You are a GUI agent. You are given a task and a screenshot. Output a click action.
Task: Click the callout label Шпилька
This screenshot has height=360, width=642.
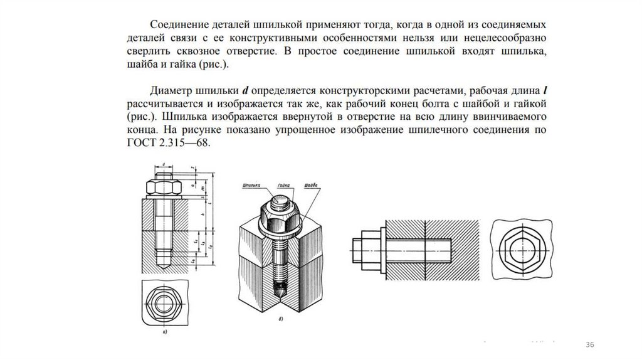pyautogui.click(x=250, y=186)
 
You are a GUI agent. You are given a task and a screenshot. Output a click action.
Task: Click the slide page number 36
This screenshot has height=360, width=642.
pyautogui.click(x=589, y=346)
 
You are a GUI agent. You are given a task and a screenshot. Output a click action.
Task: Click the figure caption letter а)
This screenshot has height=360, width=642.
pyautogui.click(x=164, y=332)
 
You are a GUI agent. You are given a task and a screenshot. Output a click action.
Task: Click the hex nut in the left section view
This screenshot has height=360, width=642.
pyautogui.click(x=163, y=187)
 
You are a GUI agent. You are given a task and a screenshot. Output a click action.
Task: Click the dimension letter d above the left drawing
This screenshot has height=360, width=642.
pyautogui.click(x=163, y=164)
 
